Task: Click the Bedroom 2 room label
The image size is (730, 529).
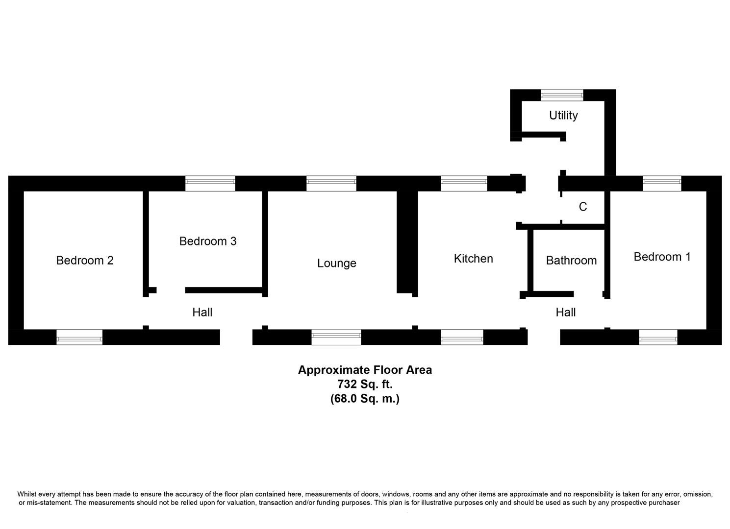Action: [x=85, y=261]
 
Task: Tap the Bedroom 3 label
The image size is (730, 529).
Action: [x=208, y=241]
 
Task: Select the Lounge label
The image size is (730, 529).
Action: [x=336, y=264]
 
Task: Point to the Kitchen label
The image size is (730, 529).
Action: [x=473, y=259]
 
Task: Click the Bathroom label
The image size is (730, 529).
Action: [x=571, y=261]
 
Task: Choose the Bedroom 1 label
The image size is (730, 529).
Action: [x=662, y=257]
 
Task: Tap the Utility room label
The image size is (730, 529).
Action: [x=563, y=116]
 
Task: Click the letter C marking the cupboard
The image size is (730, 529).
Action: [x=582, y=207]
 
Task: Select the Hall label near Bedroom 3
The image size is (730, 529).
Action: [x=202, y=313]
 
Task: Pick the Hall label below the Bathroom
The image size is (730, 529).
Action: [x=565, y=313]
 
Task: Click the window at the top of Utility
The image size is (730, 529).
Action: [x=562, y=95]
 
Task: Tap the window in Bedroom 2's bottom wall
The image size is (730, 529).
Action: [x=79, y=337]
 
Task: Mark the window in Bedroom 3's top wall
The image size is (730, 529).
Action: [x=210, y=184]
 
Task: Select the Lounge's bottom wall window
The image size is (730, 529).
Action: [x=336, y=337]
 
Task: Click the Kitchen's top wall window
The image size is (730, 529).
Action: [x=464, y=184]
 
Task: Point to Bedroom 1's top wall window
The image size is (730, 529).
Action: [x=662, y=184]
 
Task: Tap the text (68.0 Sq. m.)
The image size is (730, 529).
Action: [x=365, y=399]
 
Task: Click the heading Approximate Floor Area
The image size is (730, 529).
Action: [x=365, y=370]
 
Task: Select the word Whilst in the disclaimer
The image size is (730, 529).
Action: [x=27, y=494]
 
